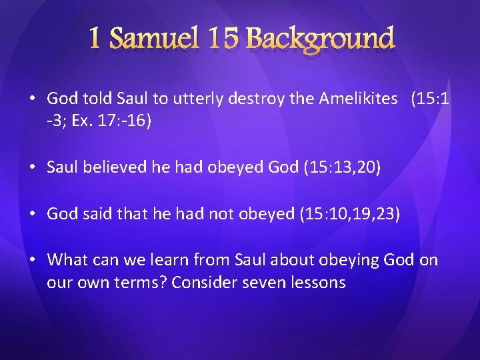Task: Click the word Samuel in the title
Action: click(x=155, y=39)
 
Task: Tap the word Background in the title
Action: click(x=321, y=39)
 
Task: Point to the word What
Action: click(x=66, y=259)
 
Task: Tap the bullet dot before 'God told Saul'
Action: click(x=32, y=99)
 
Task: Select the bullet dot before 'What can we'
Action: click(x=32, y=260)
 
